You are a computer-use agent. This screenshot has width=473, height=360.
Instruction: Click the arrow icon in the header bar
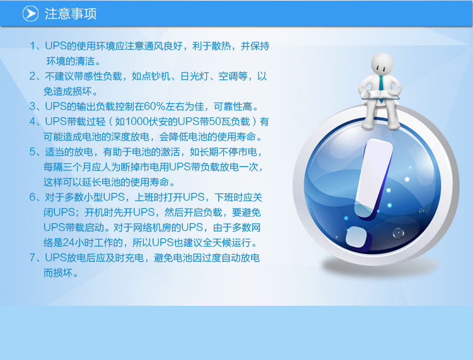[30, 14]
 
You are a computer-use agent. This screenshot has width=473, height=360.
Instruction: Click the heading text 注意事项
[71, 14]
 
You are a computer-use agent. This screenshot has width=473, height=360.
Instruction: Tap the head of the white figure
[382, 64]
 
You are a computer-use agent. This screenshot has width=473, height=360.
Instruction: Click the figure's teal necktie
[382, 83]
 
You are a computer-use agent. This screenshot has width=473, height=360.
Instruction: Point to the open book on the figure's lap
[380, 95]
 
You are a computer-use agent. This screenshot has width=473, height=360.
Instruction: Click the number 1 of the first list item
[33, 46]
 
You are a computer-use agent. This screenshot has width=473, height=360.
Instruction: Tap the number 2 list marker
[33, 76]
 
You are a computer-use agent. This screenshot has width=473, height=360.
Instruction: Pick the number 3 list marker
[33, 107]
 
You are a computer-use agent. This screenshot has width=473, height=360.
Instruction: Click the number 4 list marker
[33, 122]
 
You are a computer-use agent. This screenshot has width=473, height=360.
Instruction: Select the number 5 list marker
[33, 152]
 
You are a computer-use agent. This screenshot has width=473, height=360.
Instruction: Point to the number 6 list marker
[33, 197]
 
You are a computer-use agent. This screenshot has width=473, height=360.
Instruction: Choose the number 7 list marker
[33, 257]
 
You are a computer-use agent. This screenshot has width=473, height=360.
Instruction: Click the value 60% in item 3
[155, 107]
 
